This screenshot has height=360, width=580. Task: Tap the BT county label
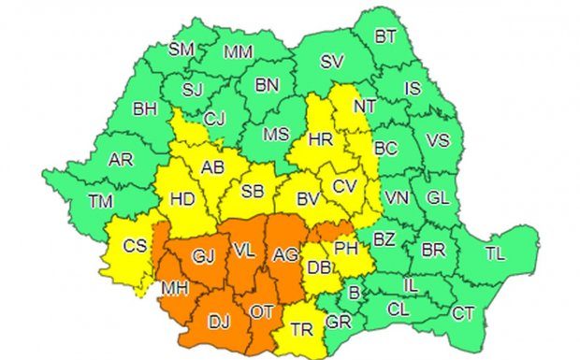click(385, 37)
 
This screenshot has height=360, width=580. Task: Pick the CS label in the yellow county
click(136, 246)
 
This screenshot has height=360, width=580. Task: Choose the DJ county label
click(218, 323)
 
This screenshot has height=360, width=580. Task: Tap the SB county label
click(253, 192)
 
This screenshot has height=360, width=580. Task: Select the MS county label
click(275, 134)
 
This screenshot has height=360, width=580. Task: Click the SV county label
click(331, 63)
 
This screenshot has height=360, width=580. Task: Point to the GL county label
click(437, 198)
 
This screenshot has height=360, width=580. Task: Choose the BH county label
click(145, 109)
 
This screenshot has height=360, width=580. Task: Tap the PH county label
click(346, 249)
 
